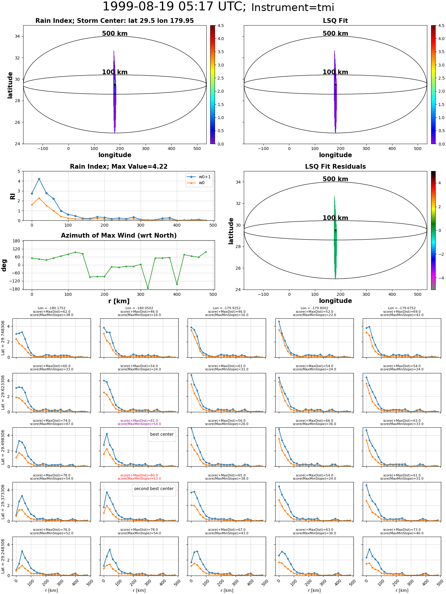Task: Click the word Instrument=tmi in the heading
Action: (x=293, y=8)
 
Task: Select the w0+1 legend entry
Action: (x=199, y=177)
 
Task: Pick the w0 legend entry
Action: (x=199, y=183)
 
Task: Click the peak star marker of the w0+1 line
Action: (x=39, y=179)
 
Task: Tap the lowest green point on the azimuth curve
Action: (x=148, y=288)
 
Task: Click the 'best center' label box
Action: (x=162, y=435)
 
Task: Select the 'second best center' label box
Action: (x=154, y=489)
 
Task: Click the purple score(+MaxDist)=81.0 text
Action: (x=139, y=421)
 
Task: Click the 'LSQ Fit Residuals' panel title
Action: (x=335, y=167)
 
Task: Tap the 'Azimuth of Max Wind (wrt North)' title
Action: (x=119, y=236)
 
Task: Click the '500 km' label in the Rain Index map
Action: (x=115, y=34)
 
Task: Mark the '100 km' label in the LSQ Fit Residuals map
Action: (x=335, y=218)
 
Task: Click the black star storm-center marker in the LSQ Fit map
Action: (x=335, y=85)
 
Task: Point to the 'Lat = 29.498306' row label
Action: (x=3, y=447)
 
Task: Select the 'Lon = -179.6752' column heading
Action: (x=402, y=308)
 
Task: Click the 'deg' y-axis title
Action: (x=4, y=265)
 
